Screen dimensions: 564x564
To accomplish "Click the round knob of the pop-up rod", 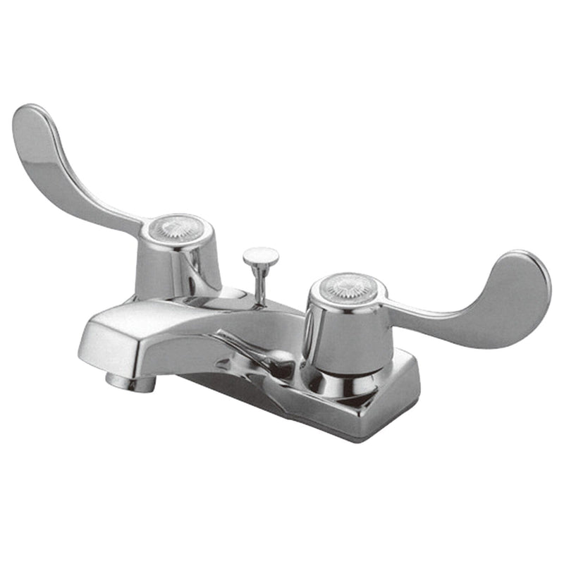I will [260, 256].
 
